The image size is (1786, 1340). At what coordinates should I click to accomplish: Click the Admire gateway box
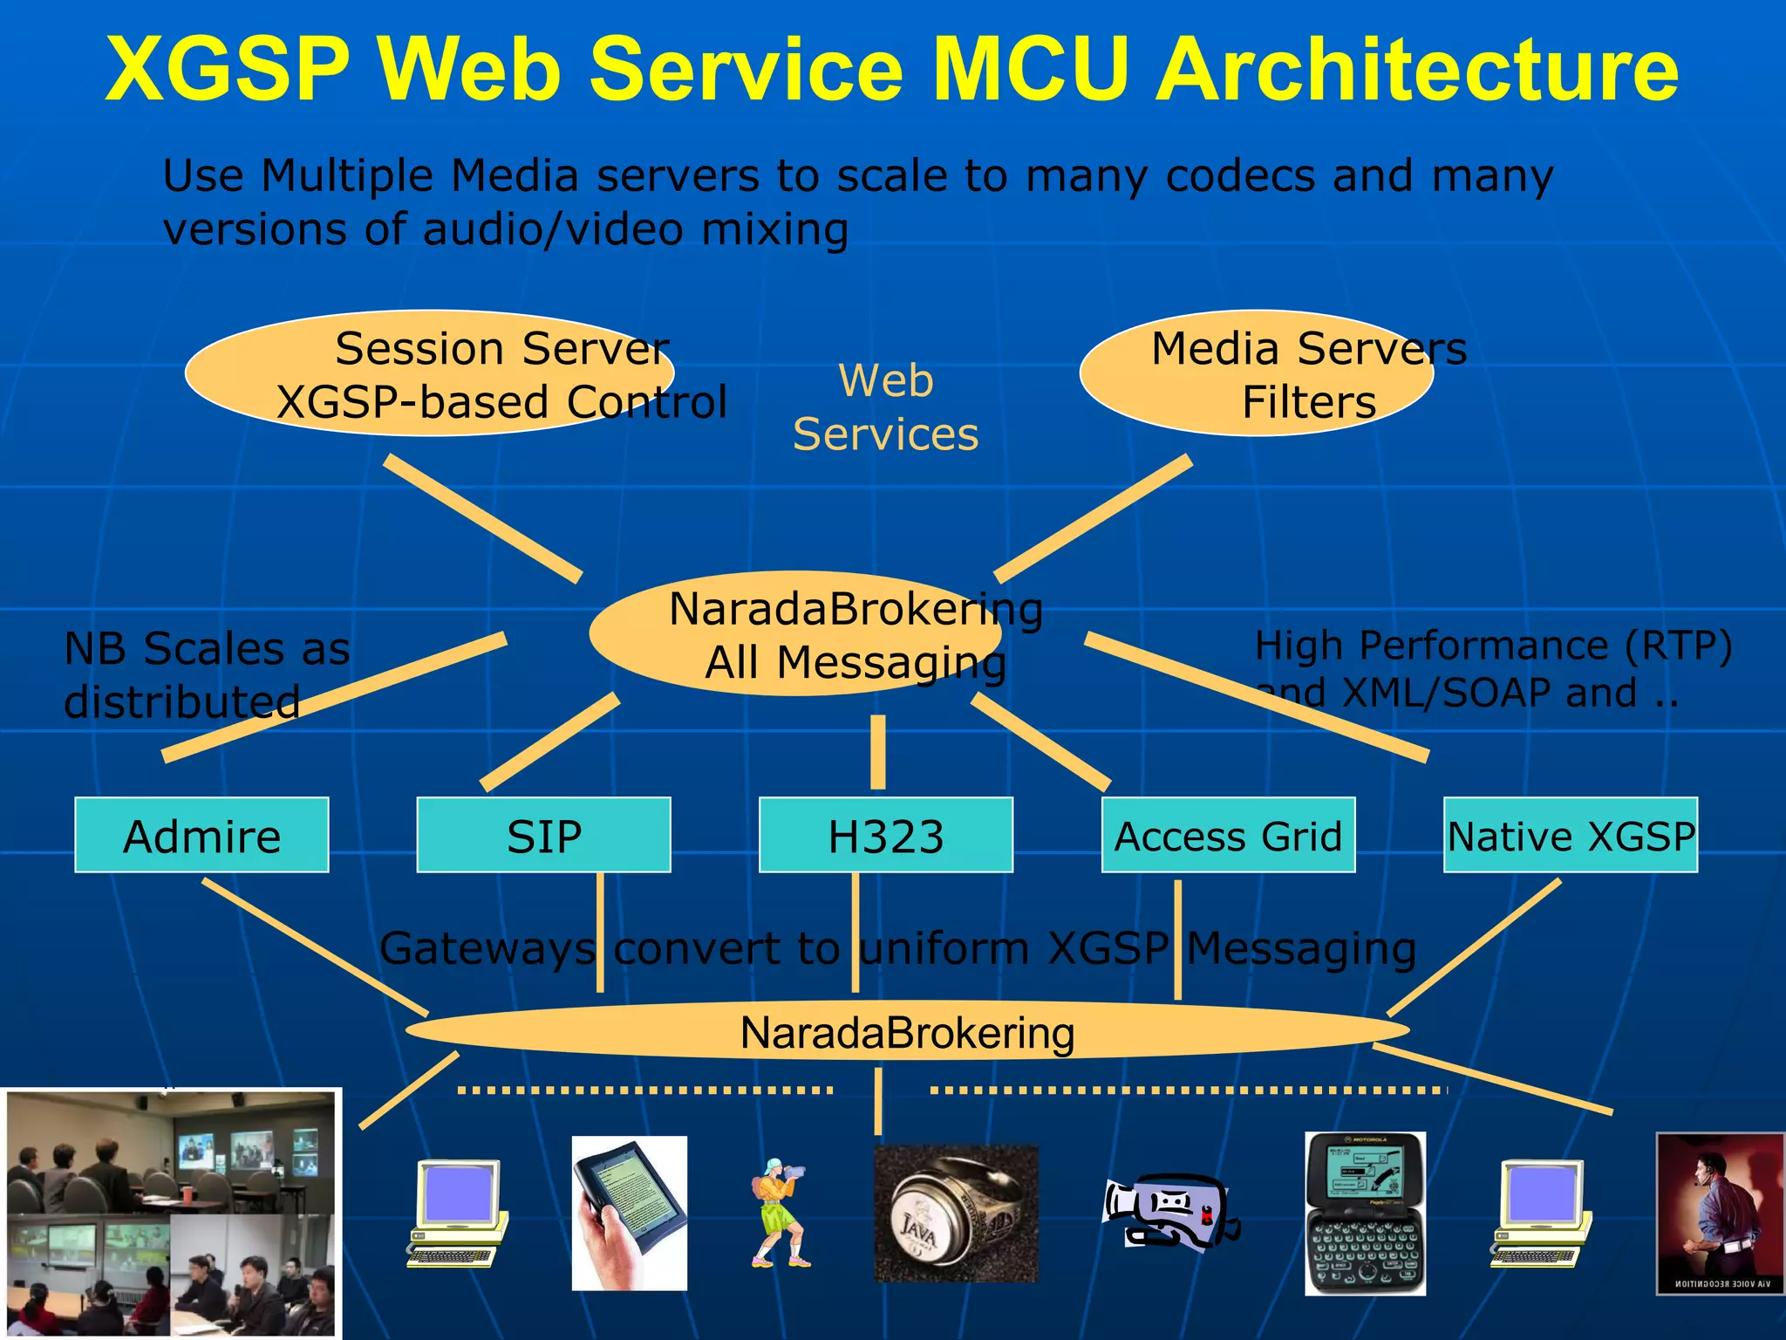tap(201, 835)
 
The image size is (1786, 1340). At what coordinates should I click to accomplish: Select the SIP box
tap(543, 835)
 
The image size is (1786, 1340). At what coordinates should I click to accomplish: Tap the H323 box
tap(885, 835)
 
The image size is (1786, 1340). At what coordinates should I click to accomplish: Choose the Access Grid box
tap(1228, 835)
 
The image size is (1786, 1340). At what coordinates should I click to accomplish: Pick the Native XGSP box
tap(1570, 835)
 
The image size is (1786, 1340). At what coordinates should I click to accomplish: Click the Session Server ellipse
tap(429, 373)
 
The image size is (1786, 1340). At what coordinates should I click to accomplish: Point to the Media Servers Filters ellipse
tap(1256, 373)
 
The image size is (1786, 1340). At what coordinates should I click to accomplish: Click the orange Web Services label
tap(885, 407)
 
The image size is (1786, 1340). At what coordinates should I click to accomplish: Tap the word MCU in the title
tap(1035, 70)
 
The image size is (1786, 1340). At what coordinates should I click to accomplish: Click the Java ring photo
tap(956, 1214)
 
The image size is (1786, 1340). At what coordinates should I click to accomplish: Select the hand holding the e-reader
tap(629, 1213)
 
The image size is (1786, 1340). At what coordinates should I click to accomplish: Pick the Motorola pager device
tap(1365, 1214)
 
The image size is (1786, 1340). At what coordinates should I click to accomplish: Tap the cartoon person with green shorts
tap(779, 1213)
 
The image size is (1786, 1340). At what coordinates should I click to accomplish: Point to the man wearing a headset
tap(1719, 1214)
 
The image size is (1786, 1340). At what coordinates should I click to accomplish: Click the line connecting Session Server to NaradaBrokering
tap(482, 517)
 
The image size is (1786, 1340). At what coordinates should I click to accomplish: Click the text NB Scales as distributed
tap(207, 674)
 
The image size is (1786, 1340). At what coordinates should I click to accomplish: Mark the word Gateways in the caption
tap(487, 948)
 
